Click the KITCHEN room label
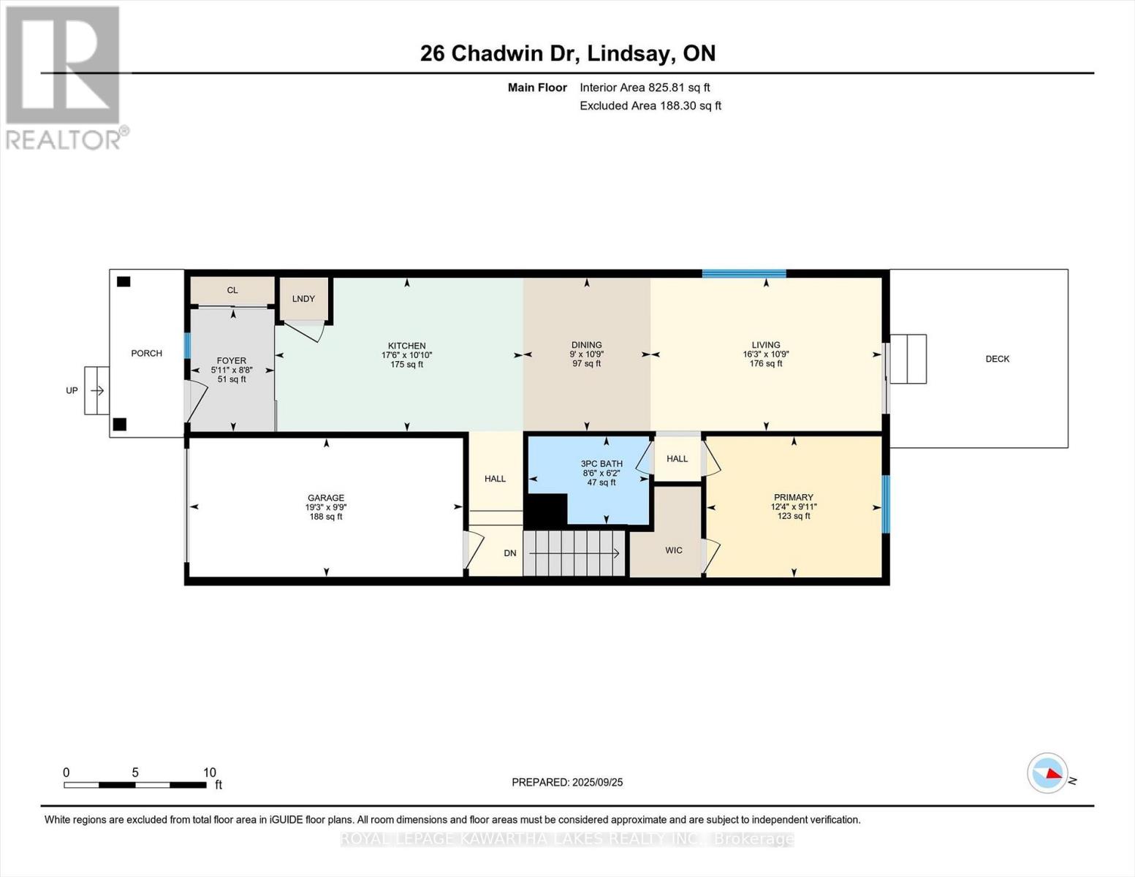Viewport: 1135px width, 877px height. (406, 346)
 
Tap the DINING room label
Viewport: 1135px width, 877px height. (586, 345)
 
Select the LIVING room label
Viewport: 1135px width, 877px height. (765, 345)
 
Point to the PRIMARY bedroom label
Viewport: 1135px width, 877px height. (793, 497)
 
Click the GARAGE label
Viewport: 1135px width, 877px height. (325, 498)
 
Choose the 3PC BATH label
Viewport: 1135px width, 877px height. (601, 463)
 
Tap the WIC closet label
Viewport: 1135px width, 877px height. (673, 550)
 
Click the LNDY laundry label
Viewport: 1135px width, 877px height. (303, 299)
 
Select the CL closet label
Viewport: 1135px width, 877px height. (232, 290)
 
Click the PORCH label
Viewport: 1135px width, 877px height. (146, 353)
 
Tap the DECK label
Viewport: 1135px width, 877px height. (997, 359)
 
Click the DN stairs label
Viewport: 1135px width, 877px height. (510, 553)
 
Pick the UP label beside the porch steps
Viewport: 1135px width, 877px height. (72, 390)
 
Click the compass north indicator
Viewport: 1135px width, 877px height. (1048, 773)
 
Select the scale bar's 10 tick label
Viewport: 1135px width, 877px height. (209, 772)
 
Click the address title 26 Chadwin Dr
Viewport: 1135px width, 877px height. (568, 53)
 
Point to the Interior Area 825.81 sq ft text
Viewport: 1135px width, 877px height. (645, 88)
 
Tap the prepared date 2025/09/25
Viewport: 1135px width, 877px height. (567, 782)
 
